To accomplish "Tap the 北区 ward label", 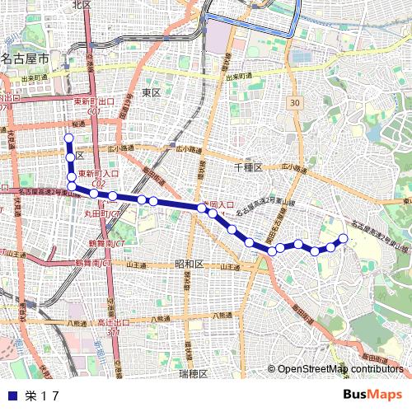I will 82,4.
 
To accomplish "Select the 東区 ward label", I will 151,92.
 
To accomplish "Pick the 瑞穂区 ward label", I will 194,373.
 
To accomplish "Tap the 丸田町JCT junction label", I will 103,213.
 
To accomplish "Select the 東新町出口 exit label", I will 93,101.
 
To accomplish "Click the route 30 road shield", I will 295,102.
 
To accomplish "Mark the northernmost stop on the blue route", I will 69,138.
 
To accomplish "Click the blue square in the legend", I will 11,395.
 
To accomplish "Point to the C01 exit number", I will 93,110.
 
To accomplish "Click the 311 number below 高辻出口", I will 113,330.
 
